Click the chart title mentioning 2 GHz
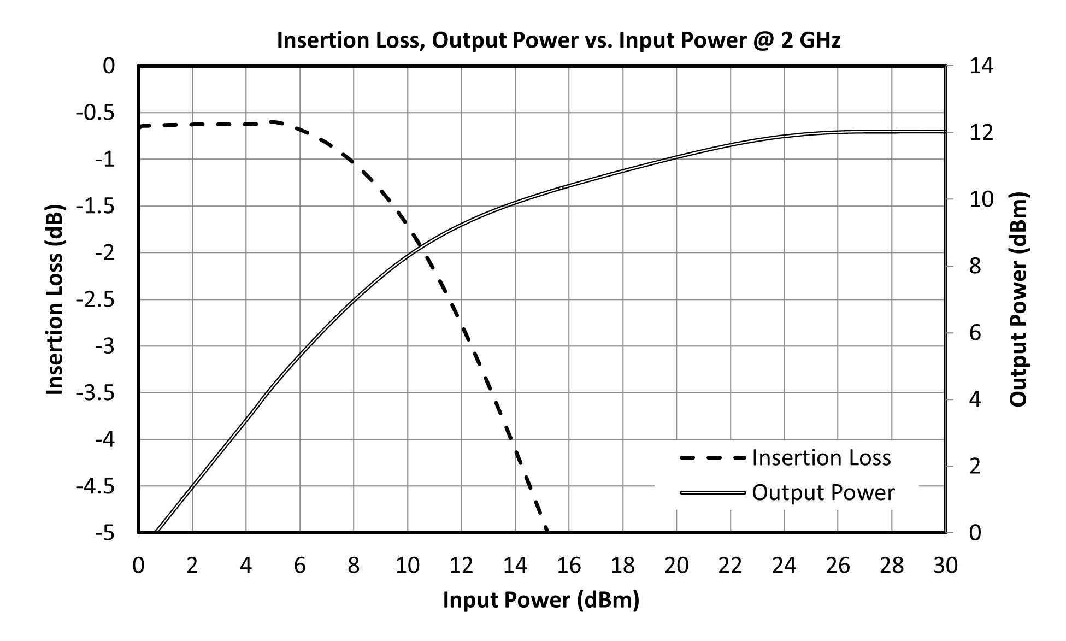click(558, 40)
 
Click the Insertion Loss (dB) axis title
click(55, 299)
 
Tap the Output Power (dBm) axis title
click(1018, 299)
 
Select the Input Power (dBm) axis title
click(541, 600)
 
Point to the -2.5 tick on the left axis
click(96, 299)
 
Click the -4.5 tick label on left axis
click(96, 486)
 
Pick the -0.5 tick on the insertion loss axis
click(96, 113)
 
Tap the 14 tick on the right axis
click(981, 66)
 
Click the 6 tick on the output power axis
click(975, 333)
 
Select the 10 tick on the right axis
click(981, 199)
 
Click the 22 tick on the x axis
click(730, 566)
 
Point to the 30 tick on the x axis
click(945, 566)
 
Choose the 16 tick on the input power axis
click(569, 566)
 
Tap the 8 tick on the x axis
click(354, 566)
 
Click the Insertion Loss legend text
click(821, 458)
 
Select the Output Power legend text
click(823, 492)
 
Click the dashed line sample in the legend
click(713, 458)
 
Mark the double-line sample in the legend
click(713, 493)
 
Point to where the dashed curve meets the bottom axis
click(546, 531)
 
